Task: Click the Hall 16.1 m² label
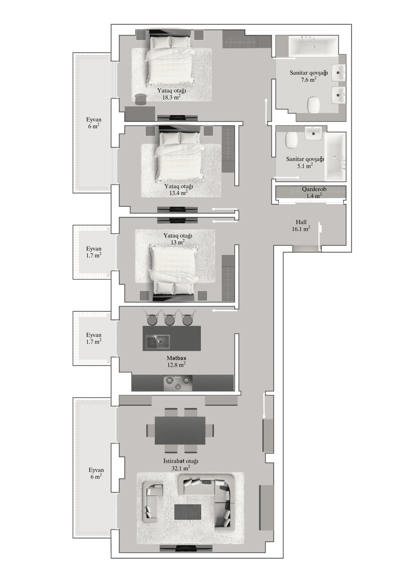click(x=301, y=226)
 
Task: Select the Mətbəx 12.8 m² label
click(x=176, y=361)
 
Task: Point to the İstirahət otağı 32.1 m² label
click(x=181, y=464)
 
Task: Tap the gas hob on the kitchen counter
click(x=178, y=383)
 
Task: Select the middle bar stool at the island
click(x=170, y=319)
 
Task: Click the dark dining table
click(x=180, y=430)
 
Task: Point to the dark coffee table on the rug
click(x=188, y=512)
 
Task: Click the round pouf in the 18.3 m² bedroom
click(x=140, y=99)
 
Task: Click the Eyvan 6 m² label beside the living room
click(x=96, y=473)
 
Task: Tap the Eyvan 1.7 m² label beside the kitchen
click(x=94, y=338)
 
